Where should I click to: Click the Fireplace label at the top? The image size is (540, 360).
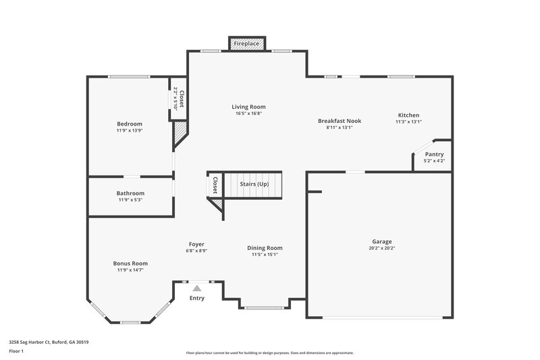tap(246, 44)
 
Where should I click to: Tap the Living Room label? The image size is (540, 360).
tap(248, 107)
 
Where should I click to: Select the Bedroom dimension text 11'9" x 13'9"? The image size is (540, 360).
tap(130, 130)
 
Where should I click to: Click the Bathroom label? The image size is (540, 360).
tap(130, 193)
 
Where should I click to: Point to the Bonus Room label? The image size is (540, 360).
tap(130, 263)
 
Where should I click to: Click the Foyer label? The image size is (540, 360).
tap(196, 244)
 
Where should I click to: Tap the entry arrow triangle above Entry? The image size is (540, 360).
tap(196, 288)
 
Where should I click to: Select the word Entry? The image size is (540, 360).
tap(196, 298)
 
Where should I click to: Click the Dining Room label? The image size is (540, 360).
tap(265, 248)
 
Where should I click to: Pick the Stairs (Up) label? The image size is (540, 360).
tap(254, 184)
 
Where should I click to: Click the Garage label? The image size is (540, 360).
tap(381, 241)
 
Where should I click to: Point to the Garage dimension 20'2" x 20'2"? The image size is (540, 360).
tap(381, 248)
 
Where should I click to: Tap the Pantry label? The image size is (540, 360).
tap(434, 154)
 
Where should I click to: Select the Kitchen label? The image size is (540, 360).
tap(408, 115)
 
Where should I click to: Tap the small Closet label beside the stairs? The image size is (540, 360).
tap(215, 185)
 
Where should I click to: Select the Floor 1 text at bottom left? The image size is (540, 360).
tap(16, 352)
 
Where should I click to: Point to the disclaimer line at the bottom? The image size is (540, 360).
tap(269, 353)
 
